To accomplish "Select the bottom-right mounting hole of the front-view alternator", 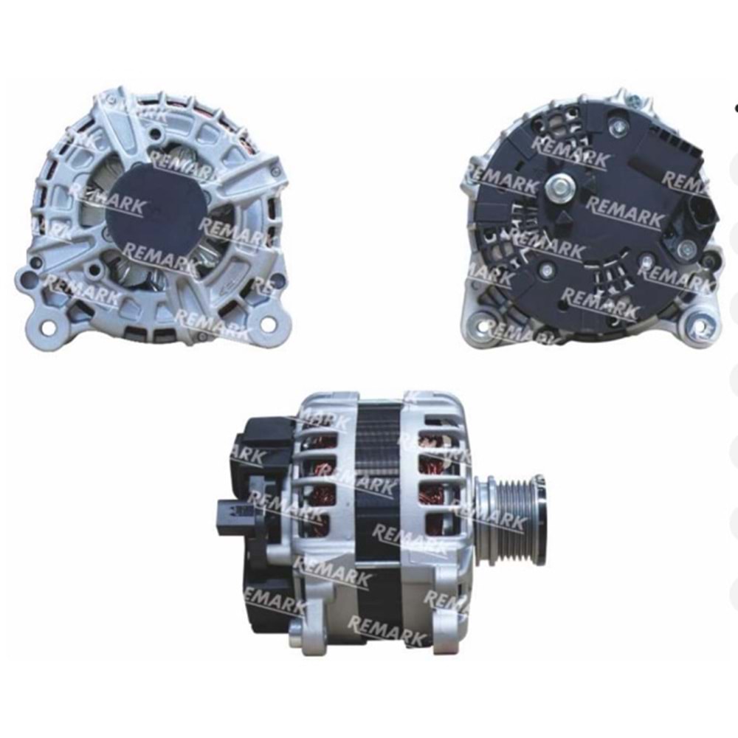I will (x=266, y=323).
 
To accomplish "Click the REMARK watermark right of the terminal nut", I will (x=624, y=210).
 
